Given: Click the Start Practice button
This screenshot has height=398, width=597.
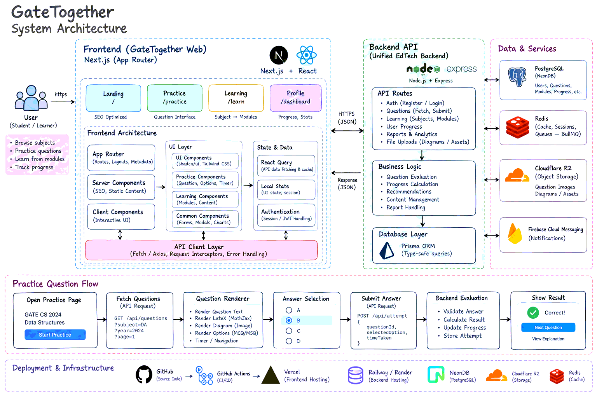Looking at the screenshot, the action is (55, 335).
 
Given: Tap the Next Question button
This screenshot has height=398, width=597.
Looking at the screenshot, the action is (548, 327).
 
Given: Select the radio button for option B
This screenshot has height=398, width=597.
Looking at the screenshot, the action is (289, 320).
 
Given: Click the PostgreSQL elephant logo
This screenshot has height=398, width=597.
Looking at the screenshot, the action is (517, 77).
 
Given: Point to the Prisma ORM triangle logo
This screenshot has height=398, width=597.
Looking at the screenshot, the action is (386, 251).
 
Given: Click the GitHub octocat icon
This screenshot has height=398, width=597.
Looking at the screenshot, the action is (144, 374).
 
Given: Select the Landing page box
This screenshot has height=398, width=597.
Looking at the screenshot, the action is (113, 98).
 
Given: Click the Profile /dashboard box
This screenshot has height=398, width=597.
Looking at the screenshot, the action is (295, 98).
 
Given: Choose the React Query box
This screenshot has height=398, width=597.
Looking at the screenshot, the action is (286, 165).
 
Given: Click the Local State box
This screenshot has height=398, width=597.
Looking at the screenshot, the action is (286, 190).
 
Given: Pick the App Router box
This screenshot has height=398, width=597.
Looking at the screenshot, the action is (121, 157).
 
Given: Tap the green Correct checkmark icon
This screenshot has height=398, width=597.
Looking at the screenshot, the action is (533, 312).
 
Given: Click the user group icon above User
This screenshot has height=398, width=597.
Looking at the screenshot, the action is (31, 98).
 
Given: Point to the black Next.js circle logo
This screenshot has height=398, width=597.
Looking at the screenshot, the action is (279, 55).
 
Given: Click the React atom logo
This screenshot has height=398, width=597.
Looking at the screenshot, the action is (307, 55).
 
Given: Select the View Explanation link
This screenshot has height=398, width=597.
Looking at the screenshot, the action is (548, 339).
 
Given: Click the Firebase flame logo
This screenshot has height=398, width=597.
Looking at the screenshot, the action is (515, 234).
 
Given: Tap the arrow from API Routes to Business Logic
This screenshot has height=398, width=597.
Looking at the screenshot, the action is (422, 155).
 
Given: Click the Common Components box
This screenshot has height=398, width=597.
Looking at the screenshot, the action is (205, 219).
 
